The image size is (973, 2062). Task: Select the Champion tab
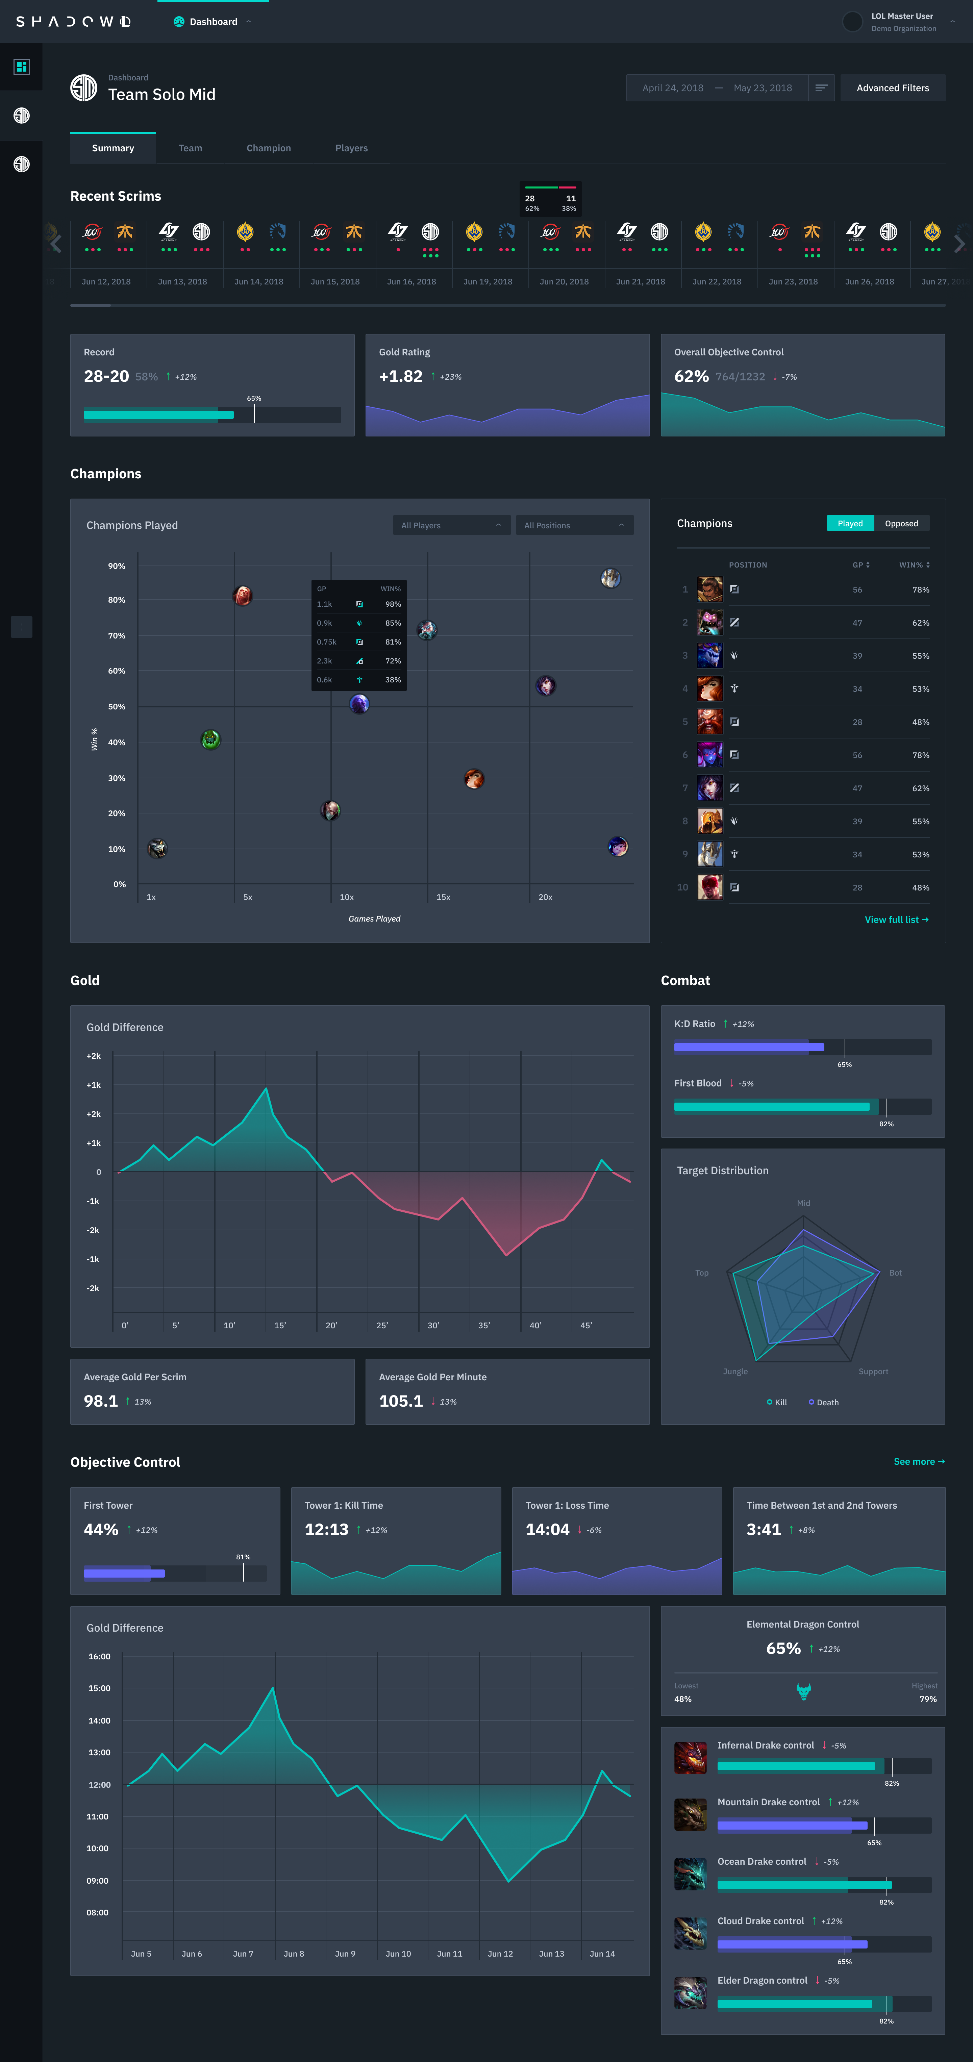[x=268, y=148]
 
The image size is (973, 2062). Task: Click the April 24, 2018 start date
[x=673, y=88]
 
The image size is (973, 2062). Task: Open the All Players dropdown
[x=451, y=525]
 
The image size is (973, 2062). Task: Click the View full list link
[x=896, y=920]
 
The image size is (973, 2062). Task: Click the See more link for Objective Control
[x=919, y=1462]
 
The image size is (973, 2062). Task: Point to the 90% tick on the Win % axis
[x=117, y=566]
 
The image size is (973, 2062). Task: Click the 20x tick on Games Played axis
[x=545, y=897]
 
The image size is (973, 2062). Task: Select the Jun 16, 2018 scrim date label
[x=411, y=282]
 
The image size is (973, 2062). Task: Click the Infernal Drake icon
[x=690, y=1758]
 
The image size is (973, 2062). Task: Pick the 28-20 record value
[x=106, y=376]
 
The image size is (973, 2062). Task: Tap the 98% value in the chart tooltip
[x=392, y=604]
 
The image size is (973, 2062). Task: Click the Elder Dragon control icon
[x=690, y=1993]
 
